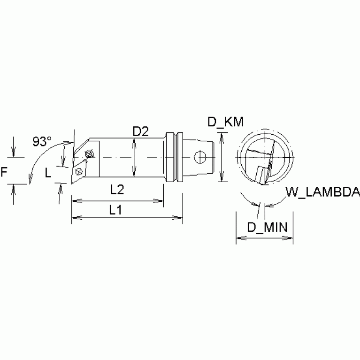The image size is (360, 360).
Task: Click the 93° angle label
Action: tap(43, 141)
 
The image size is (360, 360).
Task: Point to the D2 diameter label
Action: tap(140, 132)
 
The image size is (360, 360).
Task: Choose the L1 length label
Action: tap(115, 211)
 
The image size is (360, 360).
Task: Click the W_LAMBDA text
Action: tap(322, 192)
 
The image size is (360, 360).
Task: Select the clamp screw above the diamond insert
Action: tap(89, 154)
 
